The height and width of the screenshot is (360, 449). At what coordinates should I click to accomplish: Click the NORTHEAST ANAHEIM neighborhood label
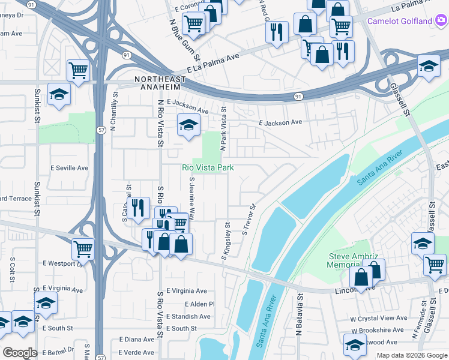166,83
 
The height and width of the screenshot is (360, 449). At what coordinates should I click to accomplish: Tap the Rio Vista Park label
208,168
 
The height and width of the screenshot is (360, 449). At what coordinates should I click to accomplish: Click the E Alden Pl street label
199,304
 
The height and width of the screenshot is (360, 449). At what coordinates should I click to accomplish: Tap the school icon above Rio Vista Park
188,125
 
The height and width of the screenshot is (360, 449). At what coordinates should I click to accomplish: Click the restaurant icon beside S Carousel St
139,208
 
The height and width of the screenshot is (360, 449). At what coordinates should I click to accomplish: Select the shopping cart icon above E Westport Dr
83,247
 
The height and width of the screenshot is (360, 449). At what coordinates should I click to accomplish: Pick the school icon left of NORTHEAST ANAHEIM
59,95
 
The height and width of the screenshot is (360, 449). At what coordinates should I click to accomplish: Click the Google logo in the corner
19,353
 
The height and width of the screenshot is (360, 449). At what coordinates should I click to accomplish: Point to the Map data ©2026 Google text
411,355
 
